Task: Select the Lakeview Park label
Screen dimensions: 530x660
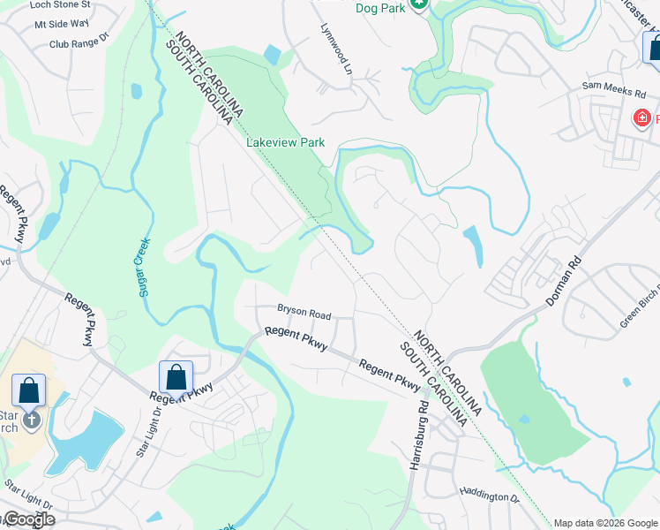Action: click(x=286, y=142)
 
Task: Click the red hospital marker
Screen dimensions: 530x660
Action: click(x=642, y=117)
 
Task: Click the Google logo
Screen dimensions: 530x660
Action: click(x=28, y=519)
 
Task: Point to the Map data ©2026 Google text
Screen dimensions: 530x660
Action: click(x=605, y=523)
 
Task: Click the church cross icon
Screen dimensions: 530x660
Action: click(x=33, y=420)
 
